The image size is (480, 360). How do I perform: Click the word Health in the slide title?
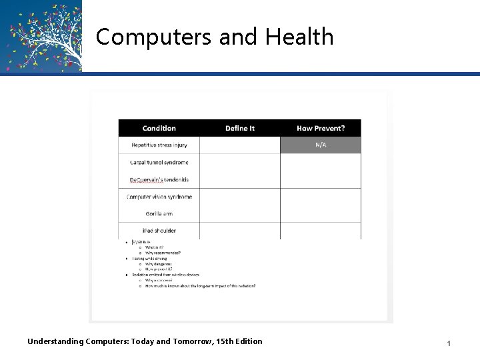pos(299,37)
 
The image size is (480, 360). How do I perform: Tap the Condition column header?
pos(159,128)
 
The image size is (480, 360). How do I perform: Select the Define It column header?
pos(240,128)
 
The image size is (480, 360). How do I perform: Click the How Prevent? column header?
pos(321,128)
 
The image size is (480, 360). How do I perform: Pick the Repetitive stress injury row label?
pos(159,145)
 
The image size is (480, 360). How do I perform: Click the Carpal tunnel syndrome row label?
pos(159,162)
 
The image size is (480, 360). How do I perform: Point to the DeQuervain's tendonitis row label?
pos(159,179)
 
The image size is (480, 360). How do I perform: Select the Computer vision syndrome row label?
pos(159,197)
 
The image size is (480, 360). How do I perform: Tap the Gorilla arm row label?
pos(159,214)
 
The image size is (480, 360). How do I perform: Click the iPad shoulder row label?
pos(159,231)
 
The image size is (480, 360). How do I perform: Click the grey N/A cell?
pos(321,145)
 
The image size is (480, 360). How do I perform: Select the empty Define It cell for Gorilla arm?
pos(240,214)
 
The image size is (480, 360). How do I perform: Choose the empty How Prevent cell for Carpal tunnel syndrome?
pos(321,162)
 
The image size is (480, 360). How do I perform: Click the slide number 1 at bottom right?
pos(449,343)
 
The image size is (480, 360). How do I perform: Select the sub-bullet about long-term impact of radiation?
pos(200,286)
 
